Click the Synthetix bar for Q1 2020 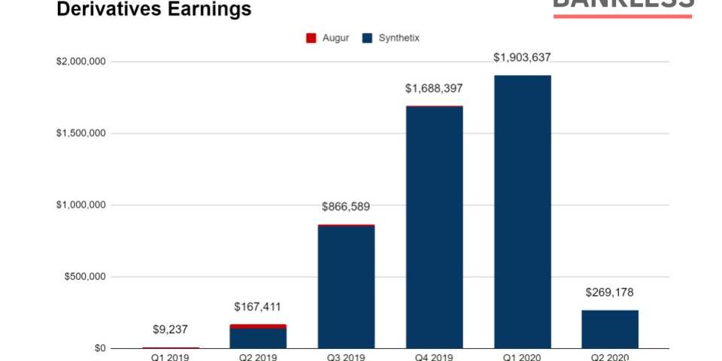[522, 211]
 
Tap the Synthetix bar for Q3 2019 [346, 287]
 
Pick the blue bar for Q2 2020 [610, 329]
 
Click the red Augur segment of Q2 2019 [258, 326]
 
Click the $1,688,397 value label [434, 89]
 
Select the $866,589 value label [346, 207]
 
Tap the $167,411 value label [258, 307]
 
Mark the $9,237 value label [170, 329]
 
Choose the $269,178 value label [610, 293]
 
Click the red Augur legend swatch [311, 38]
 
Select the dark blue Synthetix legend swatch [368, 38]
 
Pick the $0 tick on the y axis [99, 348]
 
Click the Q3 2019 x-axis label [346, 357]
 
